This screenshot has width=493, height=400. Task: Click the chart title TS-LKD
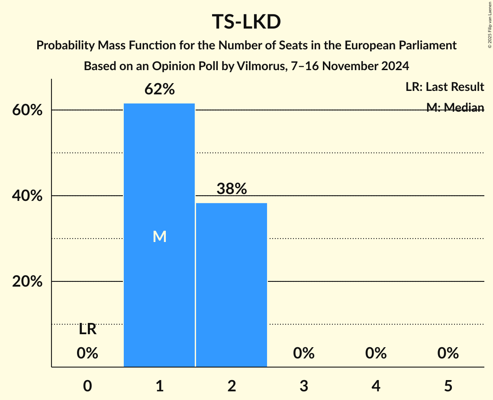(x=246, y=22)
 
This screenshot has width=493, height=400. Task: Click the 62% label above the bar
(x=159, y=90)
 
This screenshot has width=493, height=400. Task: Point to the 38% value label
(x=232, y=189)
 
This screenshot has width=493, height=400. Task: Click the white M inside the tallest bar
(x=159, y=236)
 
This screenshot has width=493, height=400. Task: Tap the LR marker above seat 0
(x=87, y=330)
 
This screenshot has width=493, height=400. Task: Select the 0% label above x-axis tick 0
(x=87, y=354)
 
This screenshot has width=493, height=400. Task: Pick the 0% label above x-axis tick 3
(x=303, y=354)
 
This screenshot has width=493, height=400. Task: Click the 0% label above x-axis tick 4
(x=376, y=354)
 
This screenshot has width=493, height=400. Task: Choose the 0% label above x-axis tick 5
(x=448, y=354)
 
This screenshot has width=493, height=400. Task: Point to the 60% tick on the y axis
(x=27, y=110)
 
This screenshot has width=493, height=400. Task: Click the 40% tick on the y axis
(x=27, y=196)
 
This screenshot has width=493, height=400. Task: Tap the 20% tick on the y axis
(x=27, y=282)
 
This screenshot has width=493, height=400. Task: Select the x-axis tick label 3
(x=303, y=385)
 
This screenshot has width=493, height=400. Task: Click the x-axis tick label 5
(x=448, y=385)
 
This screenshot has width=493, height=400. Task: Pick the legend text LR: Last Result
(x=445, y=87)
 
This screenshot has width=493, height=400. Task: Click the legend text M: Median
(x=455, y=108)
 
